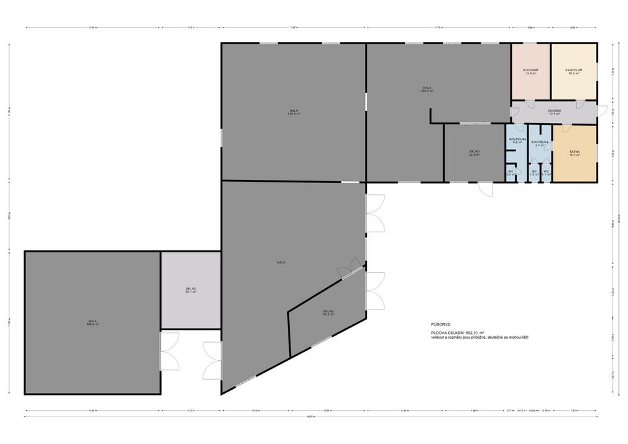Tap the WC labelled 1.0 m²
click(511, 173)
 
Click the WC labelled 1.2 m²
click(534, 173)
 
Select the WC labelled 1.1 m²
click(546, 173)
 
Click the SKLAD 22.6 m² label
click(474, 153)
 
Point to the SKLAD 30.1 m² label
click(191, 290)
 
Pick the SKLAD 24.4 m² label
click(328, 313)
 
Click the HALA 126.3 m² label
click(93, 322)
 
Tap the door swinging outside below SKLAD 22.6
click(485, 188)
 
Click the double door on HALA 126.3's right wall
click(169, 351)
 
